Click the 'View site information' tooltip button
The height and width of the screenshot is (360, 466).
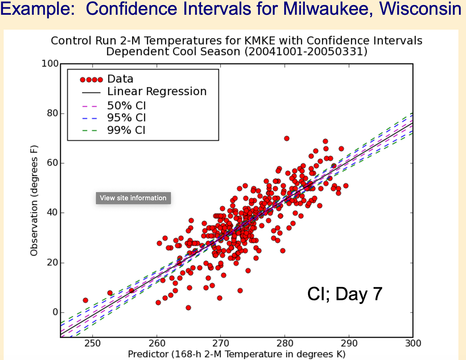coord(133,198)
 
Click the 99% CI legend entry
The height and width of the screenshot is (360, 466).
coord(126,130)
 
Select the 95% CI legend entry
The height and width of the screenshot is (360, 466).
coord(126,117)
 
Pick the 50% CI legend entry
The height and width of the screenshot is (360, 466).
coord(126,105)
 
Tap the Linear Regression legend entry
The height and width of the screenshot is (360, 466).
coord(156,92)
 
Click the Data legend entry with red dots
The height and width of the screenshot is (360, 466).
coord(120,79)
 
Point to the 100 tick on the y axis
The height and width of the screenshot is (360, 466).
coord(49,64)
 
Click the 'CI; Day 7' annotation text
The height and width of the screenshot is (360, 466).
coord(345,294)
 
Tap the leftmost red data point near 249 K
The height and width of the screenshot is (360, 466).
coord(85,300)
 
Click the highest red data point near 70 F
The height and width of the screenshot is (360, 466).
coord(287,138)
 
